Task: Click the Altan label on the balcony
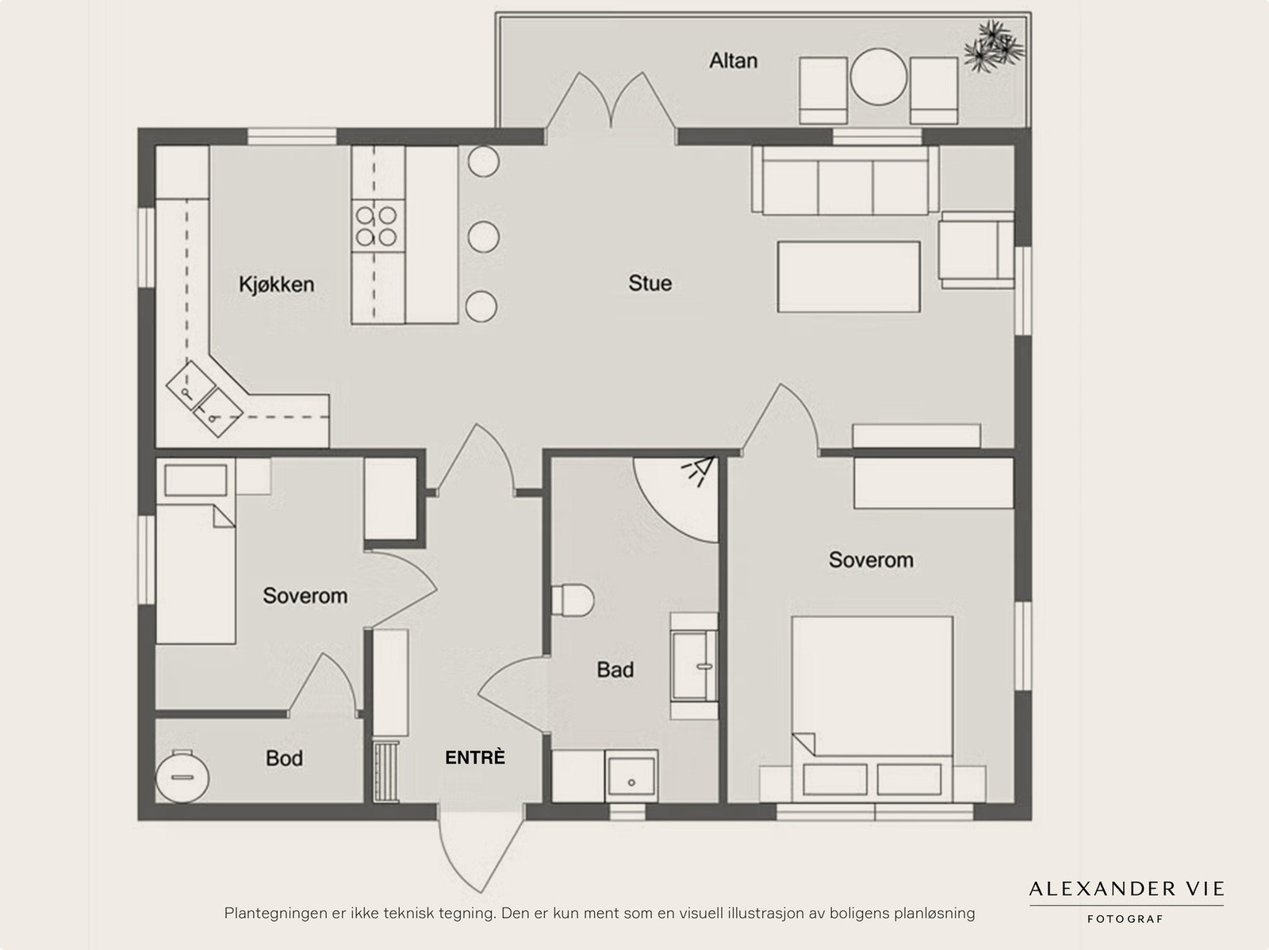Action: pyautogui.click(x=733, y=61)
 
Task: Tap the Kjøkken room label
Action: pyautogui.click(x=276, y=285)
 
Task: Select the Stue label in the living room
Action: pyautogui.click(x=650, y=283)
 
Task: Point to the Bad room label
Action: pyautogui.click(x=615, y=670)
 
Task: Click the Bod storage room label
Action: pyautogui.click(x=284, y=758)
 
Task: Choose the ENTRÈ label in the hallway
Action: pyautogui.click(x=474, y=757)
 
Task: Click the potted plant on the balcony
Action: pyautogui.click(x=994, y=46)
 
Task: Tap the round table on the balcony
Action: pyautogui.click(x=878, y=76)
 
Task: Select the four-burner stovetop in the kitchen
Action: pyautogui.click(x=378, y=226)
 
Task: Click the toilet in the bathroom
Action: pyautogui.click(x=573, y=600)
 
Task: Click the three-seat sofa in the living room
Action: pyautogui.click(x=845, y=180)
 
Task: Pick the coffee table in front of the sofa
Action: pyautogui.click(x=848, y=277)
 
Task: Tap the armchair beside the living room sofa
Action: pyautogui.click(x=976, y=251)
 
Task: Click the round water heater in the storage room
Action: pyautogui.click(x=182, y=776)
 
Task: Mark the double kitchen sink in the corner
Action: pyautogui.click(x=204, y=399)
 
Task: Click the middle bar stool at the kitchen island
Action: pyautogui.click(x=483, y=237)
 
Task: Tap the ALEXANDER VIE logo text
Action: pyautogui.click(x=1126, y=889)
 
